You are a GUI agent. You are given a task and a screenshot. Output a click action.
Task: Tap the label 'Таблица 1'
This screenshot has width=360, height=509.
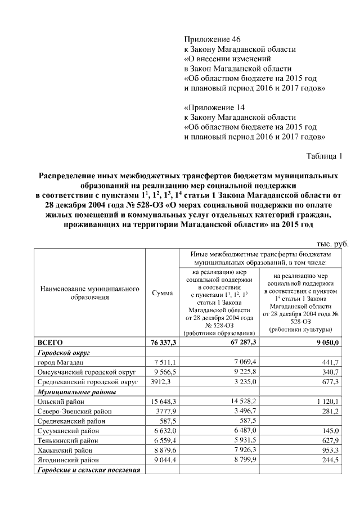tap(323, 155)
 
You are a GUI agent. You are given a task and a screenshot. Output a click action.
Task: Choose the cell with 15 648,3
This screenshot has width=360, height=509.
tap(163, 403)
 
